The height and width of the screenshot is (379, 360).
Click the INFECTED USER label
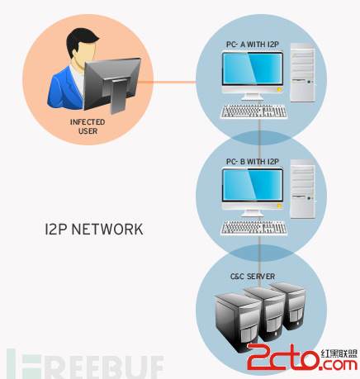click(x=88, y=126)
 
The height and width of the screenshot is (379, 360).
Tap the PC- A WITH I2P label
click(x=253, y=45)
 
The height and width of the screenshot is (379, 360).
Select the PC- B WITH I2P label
click(x=253, y=162)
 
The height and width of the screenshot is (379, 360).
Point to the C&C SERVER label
click(x=253, y=277)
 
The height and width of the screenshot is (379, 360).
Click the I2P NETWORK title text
click(x=94, y=230)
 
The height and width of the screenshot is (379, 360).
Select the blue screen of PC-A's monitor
click(x=253, y=69)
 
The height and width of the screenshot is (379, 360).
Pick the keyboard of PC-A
click(x=253, y=111)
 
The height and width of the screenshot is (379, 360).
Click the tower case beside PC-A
click(x=302, y=73)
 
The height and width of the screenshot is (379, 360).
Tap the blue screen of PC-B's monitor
click(x=253, y=185)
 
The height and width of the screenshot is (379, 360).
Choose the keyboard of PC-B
click(x=253, y=228)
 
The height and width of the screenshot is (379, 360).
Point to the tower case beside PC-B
click(x=302, y=189)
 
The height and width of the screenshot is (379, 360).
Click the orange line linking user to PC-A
click(x=167, y=82)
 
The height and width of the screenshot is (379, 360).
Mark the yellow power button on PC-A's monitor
click(x=279, y=89)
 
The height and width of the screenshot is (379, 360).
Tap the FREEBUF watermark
click(x=85, y=363)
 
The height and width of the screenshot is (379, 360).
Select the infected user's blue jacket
click(x=66, y=88)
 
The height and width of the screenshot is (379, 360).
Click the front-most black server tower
click(x=237, y=321)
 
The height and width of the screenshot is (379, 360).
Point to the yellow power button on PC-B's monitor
click(x=279, y=206)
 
